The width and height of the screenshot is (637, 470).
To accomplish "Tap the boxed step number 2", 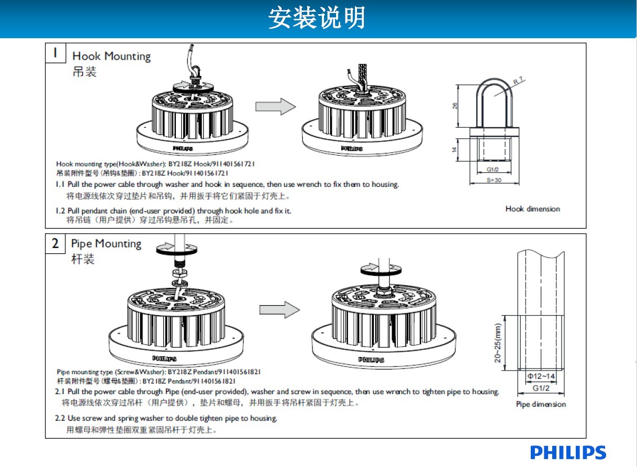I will tap(55, 243).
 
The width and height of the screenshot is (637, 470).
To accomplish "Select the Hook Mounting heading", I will tap(111, 56).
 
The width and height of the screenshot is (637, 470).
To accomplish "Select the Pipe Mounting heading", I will tap(106, 243).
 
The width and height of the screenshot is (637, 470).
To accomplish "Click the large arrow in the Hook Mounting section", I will tap(275, 106).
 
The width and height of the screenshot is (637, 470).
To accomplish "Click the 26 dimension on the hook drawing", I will tap(455, 106).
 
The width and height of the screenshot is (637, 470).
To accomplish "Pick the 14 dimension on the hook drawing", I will tap(455, 149).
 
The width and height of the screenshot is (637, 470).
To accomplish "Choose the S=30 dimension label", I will tap(495, 180).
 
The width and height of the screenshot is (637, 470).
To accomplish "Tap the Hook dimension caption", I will tap(532, 209).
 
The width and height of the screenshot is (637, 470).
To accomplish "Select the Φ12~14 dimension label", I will tap(541, 377).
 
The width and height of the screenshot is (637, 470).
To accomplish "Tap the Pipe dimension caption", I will tap(541, 404).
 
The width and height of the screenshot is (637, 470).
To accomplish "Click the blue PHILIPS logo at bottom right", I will tap(568, 453).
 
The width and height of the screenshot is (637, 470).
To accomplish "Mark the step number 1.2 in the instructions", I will tap(61, 210).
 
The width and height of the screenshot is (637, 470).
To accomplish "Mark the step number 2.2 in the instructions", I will tap(60, 418).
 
